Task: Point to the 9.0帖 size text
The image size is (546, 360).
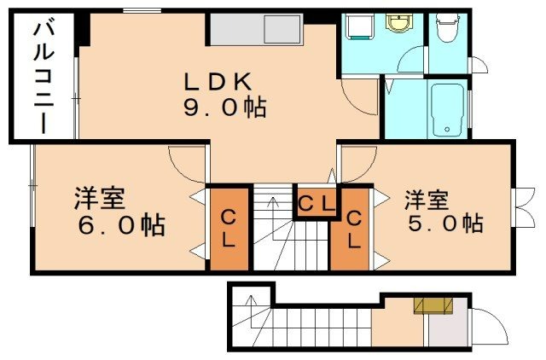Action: pos(223,108)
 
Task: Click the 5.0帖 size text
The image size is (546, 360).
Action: pos(444,224)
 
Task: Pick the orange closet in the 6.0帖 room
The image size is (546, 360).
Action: pos(229,229)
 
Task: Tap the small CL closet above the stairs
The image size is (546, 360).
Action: pos(316,203)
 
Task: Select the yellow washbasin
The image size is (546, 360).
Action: pos(398,23)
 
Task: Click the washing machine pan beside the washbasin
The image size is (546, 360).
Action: pos(357,27)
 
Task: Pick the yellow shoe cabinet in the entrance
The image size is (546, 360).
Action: pos(433,305)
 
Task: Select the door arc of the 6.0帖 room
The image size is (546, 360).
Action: pos(186,162)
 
